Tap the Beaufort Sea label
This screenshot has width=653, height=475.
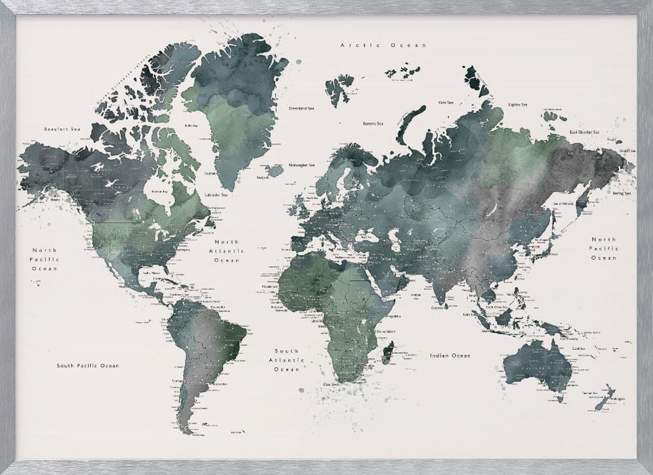(x=57, y=129)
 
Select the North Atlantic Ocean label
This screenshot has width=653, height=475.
(x=227, y=251)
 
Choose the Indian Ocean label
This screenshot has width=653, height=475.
(x=450, y=355)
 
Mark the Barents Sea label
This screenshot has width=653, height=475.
(x=374, y=123)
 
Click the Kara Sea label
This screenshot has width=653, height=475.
(x=446, y=103)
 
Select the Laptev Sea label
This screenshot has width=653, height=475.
(x=518, y=103)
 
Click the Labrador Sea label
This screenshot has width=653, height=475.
(x=215, y=194)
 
